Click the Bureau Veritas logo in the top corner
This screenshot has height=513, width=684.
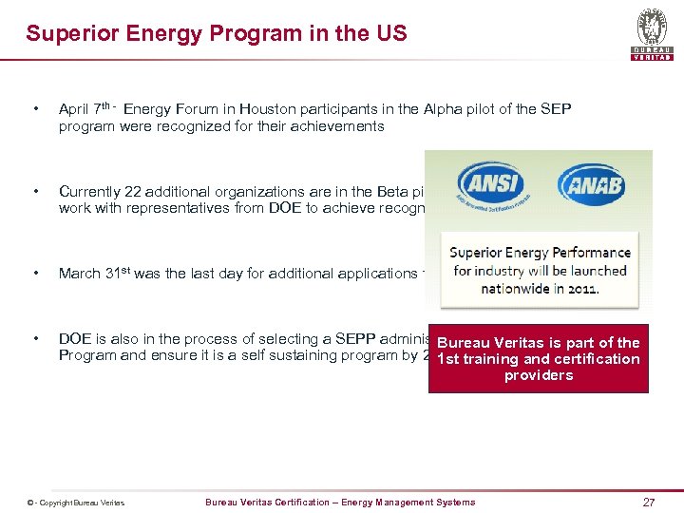tap(652, 31)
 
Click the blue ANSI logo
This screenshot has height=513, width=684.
tap(489, 185)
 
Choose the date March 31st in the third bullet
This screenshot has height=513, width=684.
tap(94, 274)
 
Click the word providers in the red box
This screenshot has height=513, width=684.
tap(539, 375)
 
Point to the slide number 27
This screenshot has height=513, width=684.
tap(649, 502)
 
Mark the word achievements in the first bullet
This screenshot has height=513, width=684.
tap(337, 126)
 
